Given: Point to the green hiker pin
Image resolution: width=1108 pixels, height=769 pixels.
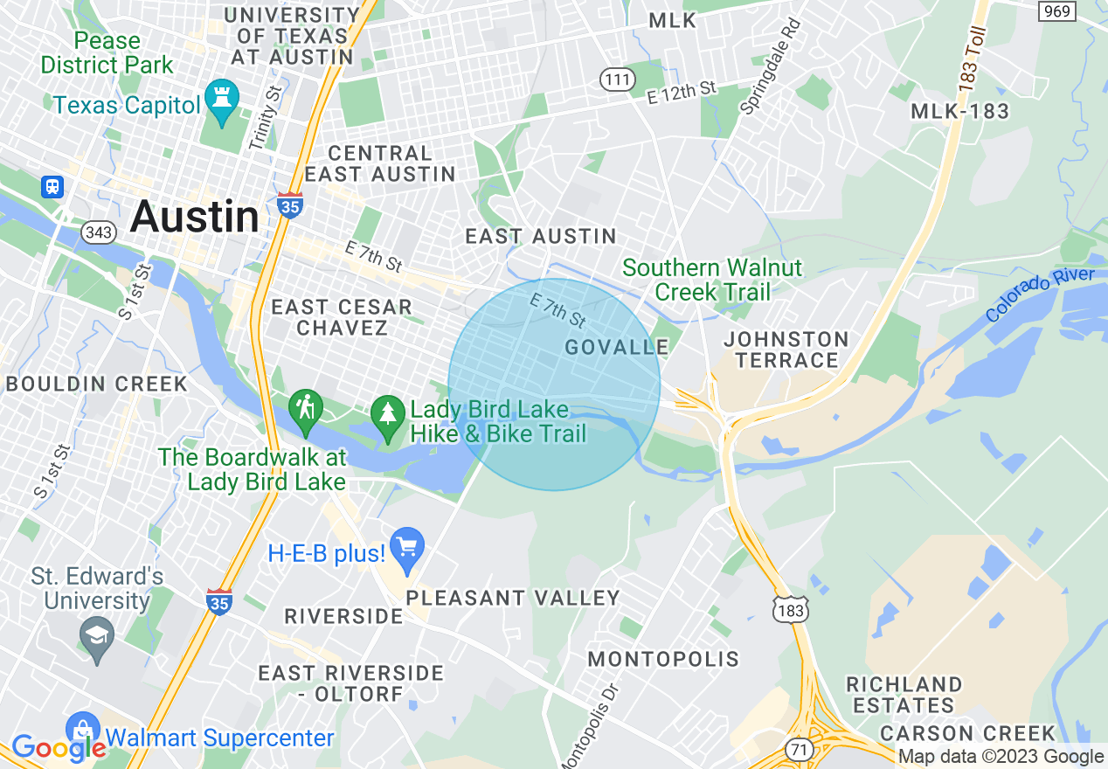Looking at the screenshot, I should [x=306, y=411].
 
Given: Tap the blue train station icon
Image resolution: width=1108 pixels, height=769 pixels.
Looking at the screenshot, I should [x=53, y=187].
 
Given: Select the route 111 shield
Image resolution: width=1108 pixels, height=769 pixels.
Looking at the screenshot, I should [x=617, y=80].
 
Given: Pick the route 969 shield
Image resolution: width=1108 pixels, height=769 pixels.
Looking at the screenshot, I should [x=1057, y=10].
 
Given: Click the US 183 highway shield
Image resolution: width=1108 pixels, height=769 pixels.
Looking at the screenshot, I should [x=792, y=609].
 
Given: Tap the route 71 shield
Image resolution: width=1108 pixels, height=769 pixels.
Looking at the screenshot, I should [x=798, y=748].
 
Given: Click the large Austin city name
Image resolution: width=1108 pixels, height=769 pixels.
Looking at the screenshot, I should [x=194, y=216].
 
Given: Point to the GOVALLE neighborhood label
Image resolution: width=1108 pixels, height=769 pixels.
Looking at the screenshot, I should [x=617, y=347].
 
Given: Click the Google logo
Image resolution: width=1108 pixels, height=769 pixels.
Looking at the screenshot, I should [x=58, y=748].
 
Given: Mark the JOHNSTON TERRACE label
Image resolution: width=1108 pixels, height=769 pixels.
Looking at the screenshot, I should [x=786, y=349].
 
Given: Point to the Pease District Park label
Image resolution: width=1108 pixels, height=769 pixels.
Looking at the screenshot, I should [x=107, y=52].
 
